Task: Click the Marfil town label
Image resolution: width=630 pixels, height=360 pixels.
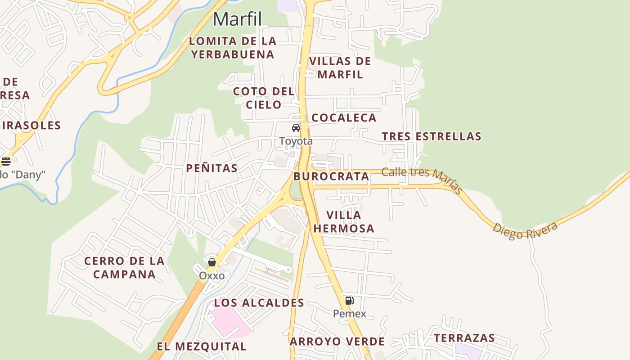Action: click(237, 19)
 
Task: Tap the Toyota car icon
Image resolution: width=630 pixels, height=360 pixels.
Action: click(296, 128)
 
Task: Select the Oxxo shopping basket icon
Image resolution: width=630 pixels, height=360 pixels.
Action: click(211, 262)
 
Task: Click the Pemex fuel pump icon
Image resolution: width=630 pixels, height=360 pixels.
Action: click(349, 301)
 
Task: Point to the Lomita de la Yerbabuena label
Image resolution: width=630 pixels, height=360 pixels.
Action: click(232, 48)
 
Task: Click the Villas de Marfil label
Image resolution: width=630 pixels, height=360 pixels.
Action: click(340, 68)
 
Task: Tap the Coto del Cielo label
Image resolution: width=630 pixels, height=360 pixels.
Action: click(264, 98)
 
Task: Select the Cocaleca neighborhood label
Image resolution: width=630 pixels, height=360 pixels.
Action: click(344, 118)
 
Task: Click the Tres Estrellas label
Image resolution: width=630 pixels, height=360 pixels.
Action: click(432, 136)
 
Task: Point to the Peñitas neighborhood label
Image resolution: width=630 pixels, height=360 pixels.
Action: click(212, 168)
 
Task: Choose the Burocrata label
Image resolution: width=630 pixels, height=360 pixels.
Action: click(331, 176)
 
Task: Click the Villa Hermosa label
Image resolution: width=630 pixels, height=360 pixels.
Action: click(344, 222)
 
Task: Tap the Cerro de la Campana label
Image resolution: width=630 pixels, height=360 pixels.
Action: click(124, 268)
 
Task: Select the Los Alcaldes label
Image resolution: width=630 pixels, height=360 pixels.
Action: click(259, 303)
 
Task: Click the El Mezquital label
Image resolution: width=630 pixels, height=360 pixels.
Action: click(202, 346)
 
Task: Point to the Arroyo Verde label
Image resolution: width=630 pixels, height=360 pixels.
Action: click(337, 342)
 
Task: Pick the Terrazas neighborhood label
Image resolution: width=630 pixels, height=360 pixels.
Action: click(464, 338)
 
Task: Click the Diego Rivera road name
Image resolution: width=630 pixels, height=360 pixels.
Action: click(525, 230)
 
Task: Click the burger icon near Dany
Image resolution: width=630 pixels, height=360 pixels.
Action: click(5, 161)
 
